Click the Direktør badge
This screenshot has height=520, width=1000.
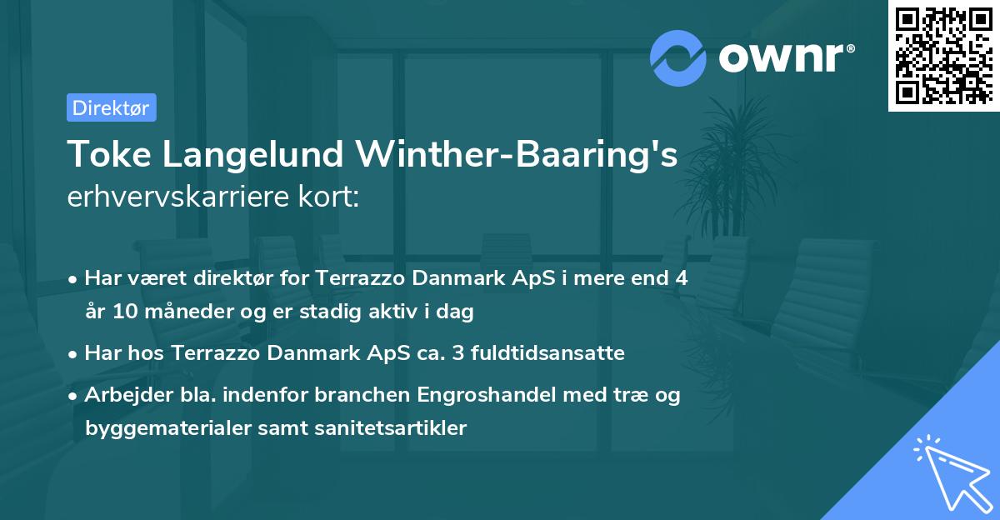[111, 107]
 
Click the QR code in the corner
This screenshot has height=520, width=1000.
[942, 55]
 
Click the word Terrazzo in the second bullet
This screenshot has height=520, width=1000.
[212, 352]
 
